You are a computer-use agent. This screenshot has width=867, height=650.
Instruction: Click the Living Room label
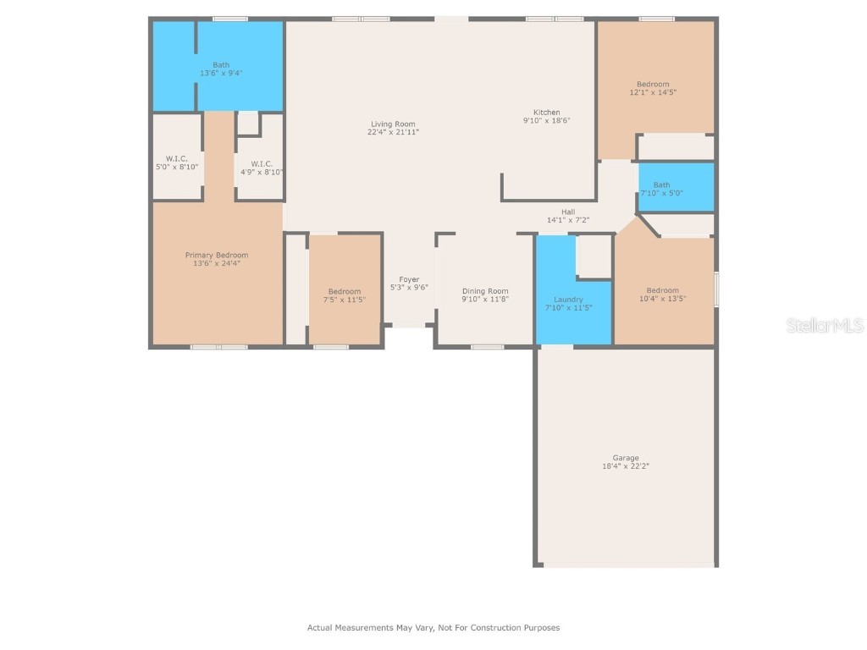pyautogui.click(x=392, y=124)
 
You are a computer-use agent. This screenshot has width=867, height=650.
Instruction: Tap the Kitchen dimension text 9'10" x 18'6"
pyautogui.click(x=546, y=121)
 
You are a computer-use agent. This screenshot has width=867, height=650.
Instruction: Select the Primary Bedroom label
pyautogui.click(x=217, y=255)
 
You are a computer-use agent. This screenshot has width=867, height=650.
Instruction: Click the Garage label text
pyautogui.click(x=627, y=458)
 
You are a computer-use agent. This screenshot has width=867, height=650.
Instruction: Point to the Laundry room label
pyautogui.click(x=568, y=300)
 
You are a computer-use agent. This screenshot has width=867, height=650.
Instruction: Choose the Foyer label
pyautogui.click(x=409, y=279)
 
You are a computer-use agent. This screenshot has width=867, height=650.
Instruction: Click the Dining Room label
pyautogui.click(x=485, y=291)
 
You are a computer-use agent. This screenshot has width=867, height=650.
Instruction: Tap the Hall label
pyautogui.click(x=567, y=212)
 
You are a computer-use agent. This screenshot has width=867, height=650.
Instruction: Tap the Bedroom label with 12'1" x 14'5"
pyautogui.click(x=653, y=84)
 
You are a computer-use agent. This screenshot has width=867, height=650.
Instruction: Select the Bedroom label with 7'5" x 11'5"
pyautogui.click(x=345, y=292)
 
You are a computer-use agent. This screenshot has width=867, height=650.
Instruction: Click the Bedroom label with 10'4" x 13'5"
pyautogui.click(x=662, y=290)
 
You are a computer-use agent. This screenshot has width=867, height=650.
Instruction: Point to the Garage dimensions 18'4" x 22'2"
pyautogui.click(x=627, y=466)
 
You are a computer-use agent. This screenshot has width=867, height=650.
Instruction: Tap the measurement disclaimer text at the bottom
pyautogui.click(x=433, y=628)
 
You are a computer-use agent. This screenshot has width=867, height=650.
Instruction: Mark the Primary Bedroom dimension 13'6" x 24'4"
pyautogui.click(x=217, y=263)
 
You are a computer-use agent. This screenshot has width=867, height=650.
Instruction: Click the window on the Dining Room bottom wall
pyautogui.click(x=488, y=346)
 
